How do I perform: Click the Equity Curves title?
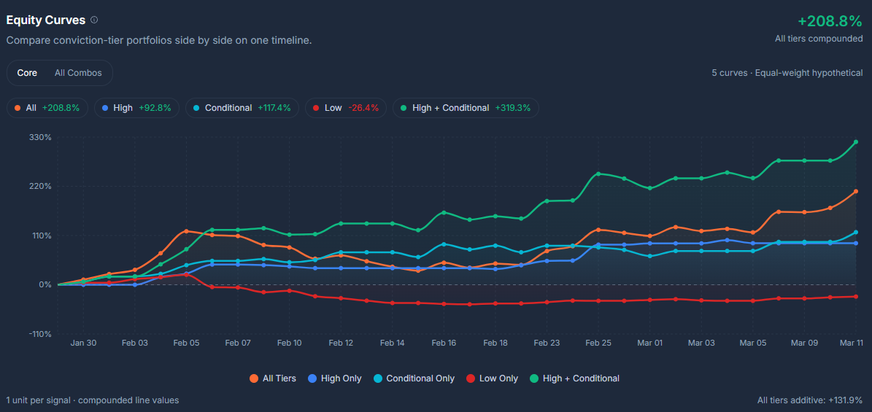(45, 20)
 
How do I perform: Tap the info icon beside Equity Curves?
(94, 20)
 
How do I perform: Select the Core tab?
(27, 73)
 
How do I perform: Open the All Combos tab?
(78, 73)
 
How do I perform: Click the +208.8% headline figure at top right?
(830, 21)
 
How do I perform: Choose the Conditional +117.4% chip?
(241, 108)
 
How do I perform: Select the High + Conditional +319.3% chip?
(464, 108)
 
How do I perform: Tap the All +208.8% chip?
(47, 108)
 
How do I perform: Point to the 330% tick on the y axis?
(40, 137)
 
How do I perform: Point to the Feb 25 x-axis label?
(598, 343)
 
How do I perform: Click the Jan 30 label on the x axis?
(83, 343)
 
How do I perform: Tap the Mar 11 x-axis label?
(851, 343)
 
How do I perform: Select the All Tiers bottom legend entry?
(273, 378)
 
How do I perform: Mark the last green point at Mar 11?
(855, 142)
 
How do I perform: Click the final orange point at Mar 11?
(855, 191)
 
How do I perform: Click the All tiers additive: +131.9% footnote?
(809, 400)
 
